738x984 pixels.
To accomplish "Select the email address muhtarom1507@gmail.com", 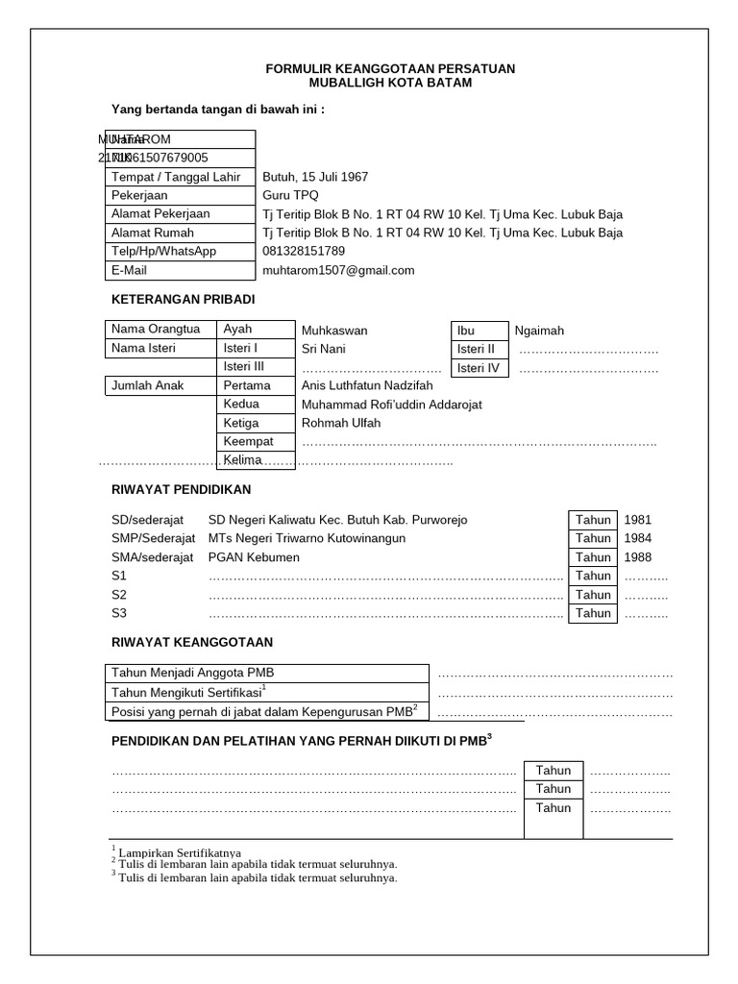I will click(x=338, y=270).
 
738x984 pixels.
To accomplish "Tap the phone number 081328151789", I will click(x=304, y=251).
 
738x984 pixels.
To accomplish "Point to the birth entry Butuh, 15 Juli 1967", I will click(x=315, y=177).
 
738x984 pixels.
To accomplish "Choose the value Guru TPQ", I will click(x=291, y=195).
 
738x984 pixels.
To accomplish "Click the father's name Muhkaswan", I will click(x=334, y=331).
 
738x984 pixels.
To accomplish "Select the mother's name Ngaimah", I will click(x=539, y=331).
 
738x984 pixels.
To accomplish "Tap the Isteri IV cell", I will click(x=479, y=367).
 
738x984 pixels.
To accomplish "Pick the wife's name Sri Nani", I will click(x=324, y=349).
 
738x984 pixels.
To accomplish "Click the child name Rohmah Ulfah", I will click(x=341, y=423).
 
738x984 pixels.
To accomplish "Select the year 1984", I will click(x=638, y=538).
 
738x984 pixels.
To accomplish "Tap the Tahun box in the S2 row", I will click(x=593, y=595).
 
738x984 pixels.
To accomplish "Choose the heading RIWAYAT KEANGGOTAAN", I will click(x=192, y=642).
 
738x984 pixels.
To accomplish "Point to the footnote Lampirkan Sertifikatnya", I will click(x=180, y=852).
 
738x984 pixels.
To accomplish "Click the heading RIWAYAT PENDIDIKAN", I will click(x=181, y=489).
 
